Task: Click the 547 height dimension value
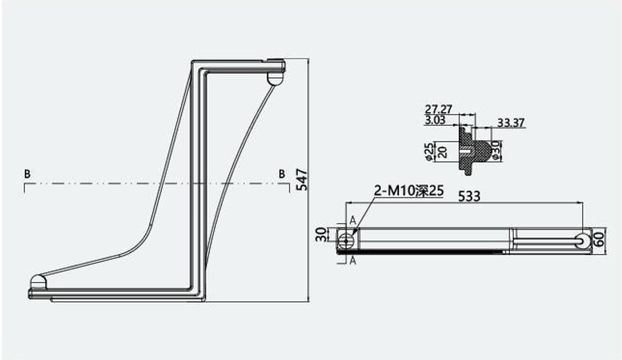302,180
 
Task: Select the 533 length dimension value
470,196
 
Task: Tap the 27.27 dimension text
439,109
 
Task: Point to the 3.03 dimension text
435,120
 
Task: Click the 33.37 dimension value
511,123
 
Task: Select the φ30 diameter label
496,150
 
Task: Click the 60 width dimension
599,239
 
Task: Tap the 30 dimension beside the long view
321,235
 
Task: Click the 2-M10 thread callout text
409,191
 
